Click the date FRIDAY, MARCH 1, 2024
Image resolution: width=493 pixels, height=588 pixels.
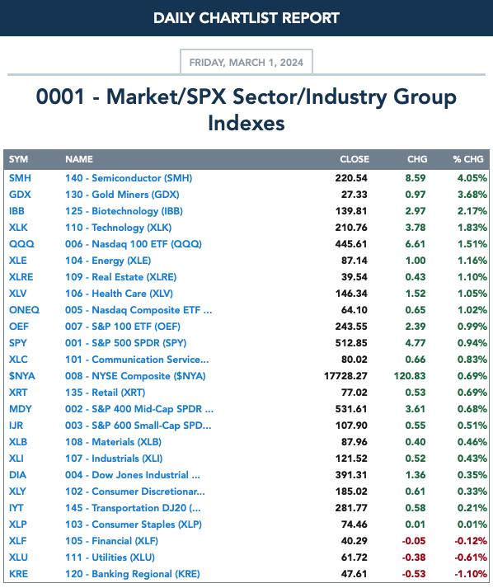pos(246,62)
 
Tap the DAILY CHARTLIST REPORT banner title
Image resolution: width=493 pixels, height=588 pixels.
pos(246,18)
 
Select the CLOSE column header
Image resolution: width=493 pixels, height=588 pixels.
pos(354,159)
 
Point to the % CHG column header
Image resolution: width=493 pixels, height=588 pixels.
pos(468,159)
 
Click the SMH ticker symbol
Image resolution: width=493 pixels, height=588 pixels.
pos(20,178)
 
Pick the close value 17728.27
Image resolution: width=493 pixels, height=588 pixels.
pos(345,376)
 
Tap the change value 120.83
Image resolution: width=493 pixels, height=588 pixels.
pos(410,376)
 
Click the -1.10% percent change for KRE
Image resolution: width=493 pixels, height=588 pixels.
pos(471,574)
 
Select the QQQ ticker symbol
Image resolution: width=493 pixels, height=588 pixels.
pos(21,244)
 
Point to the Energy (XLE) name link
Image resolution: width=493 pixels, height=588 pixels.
pos(108,261)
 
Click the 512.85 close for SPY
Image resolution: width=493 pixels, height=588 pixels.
pos(351,343)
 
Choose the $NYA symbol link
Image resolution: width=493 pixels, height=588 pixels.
pos(22,376)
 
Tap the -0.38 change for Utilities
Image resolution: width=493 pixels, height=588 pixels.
pos(414,557)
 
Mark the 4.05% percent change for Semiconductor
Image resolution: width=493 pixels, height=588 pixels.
pos(472,178)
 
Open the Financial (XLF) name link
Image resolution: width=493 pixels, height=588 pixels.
pos(112,541)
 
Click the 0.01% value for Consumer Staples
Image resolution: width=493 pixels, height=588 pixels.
pos(472,524)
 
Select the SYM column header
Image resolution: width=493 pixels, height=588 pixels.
pos(18,159)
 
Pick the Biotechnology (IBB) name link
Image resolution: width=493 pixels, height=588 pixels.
pos(124,211)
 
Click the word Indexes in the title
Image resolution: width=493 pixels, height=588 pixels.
pos(246,123)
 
